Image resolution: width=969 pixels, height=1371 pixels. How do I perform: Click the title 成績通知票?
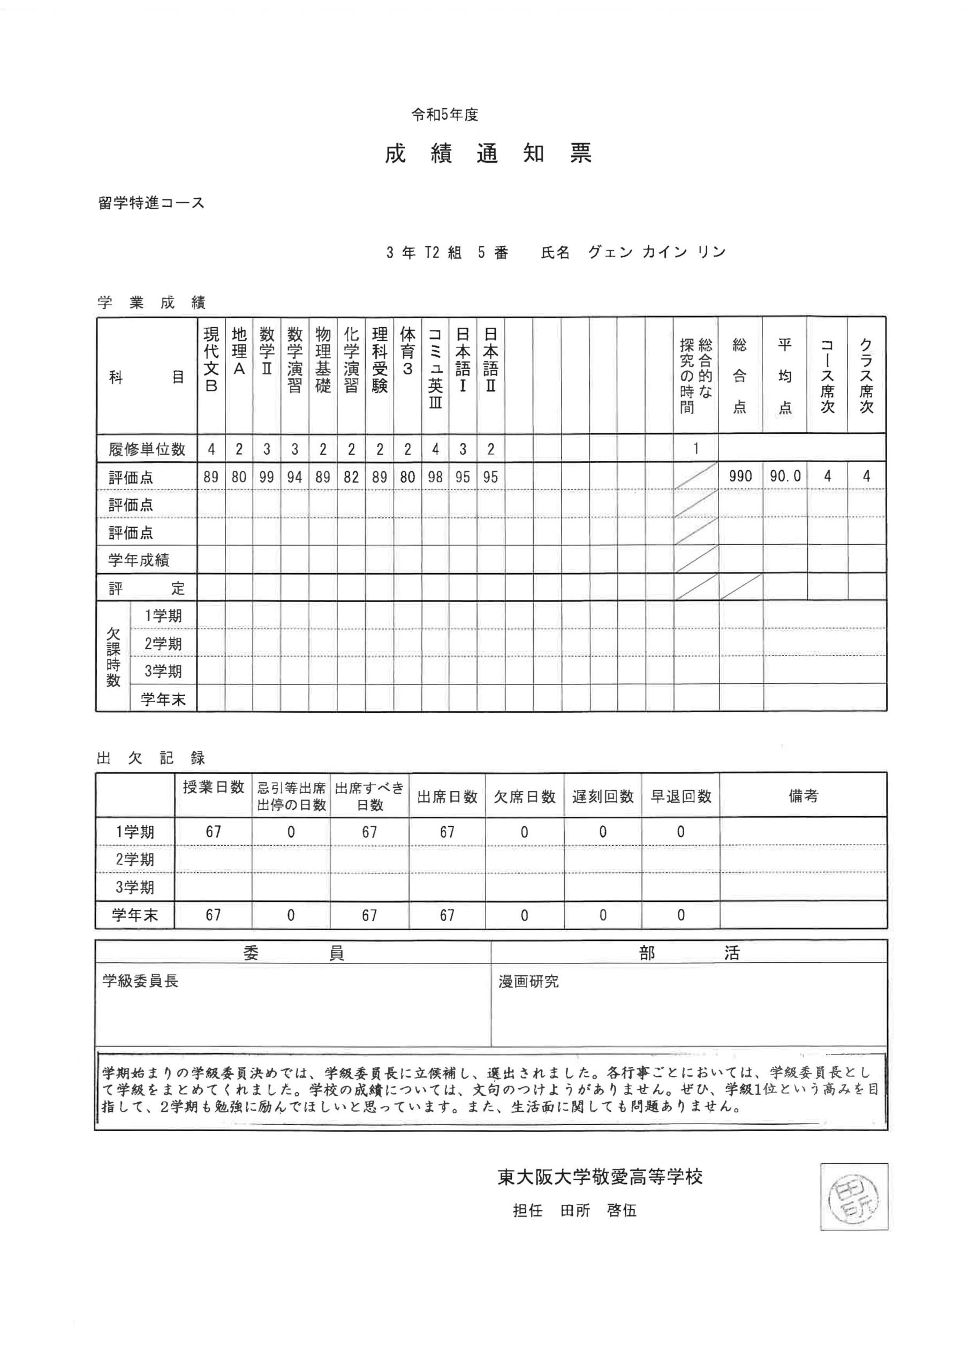coord(488,154)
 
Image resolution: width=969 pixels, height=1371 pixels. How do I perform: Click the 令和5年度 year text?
coord(445,115)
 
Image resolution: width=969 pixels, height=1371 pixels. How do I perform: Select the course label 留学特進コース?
coord(151,203)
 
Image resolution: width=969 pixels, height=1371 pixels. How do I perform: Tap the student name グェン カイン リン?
coord(657,252)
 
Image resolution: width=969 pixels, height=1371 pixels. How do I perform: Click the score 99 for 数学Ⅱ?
coord(267,477)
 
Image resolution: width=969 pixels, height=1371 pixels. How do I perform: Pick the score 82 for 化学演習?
coord(351,477)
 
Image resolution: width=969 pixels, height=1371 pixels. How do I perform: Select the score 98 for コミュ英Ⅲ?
coord(435,477)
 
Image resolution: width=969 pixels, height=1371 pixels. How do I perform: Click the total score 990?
coord(740,477)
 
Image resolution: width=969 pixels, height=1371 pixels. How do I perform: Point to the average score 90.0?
coord(785,477)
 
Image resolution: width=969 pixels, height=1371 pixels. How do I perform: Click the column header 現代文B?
coord(211,359)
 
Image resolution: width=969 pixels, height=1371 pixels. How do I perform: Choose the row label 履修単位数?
coord(147,449)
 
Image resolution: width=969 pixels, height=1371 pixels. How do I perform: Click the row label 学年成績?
coord(139,560)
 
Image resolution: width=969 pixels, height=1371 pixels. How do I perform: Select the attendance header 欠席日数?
coord(524,796)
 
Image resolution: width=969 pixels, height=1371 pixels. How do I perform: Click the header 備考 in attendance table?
coord(803,796)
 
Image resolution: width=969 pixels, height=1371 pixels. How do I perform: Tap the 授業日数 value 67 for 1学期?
coord(213,832)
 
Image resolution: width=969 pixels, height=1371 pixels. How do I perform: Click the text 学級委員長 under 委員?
coord(140,981)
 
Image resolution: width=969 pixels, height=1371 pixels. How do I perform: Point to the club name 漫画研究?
coord(528,982)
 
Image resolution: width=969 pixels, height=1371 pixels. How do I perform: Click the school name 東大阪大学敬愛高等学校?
coord(600,1177)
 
